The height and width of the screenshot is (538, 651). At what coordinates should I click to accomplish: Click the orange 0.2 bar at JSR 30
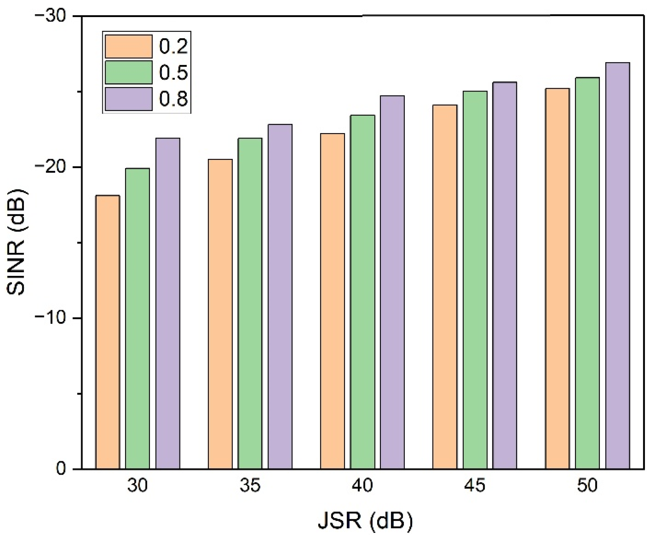coord(108,332)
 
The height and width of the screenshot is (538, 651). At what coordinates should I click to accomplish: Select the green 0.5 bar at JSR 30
coord(137,318)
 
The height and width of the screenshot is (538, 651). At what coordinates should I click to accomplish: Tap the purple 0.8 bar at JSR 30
coord(168,303)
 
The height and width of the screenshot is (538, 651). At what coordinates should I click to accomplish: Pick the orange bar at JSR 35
coord(220,314)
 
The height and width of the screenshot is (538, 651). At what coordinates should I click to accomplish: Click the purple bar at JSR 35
coord(280,296)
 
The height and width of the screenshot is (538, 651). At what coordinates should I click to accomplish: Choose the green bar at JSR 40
coord(362,292)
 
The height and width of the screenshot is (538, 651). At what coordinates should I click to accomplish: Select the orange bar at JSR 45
coord(445,287)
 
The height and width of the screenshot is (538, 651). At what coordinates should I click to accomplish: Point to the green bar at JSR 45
coord(475,280)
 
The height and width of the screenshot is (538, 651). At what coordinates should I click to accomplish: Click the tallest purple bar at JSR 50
coord(617,265)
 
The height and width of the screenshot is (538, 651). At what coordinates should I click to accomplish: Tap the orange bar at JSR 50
coord(557,278)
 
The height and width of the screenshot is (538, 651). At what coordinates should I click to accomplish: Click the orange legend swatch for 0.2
coord(128,46)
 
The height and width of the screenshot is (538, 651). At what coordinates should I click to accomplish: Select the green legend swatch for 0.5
coord(128,72)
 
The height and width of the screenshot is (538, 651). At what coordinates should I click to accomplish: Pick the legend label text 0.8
coord(173,99)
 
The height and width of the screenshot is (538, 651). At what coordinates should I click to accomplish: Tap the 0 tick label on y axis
coord(60,469)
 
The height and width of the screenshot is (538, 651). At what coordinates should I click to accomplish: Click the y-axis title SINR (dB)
coord(16,242)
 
